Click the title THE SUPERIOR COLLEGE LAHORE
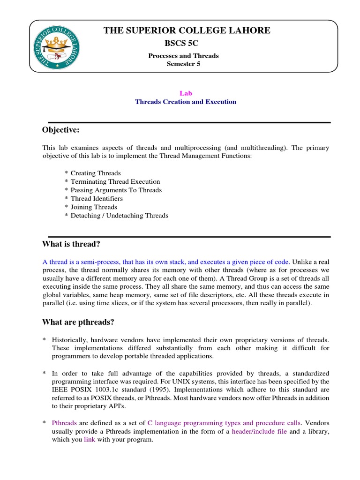pos(187,30)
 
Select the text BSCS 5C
pos(183,44)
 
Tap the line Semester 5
pos(183,64)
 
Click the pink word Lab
pos(186,93)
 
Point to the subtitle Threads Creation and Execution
pos(186,102)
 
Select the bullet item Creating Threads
pos(96,173)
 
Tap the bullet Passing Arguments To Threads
pos(116,190)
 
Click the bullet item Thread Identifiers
pos(97,198)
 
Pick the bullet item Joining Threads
pos(94,207)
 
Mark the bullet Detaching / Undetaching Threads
pos(119,216)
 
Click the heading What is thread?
pos(71,244)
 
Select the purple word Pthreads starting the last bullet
pos(64,423)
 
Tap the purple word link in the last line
pos(90,440)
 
